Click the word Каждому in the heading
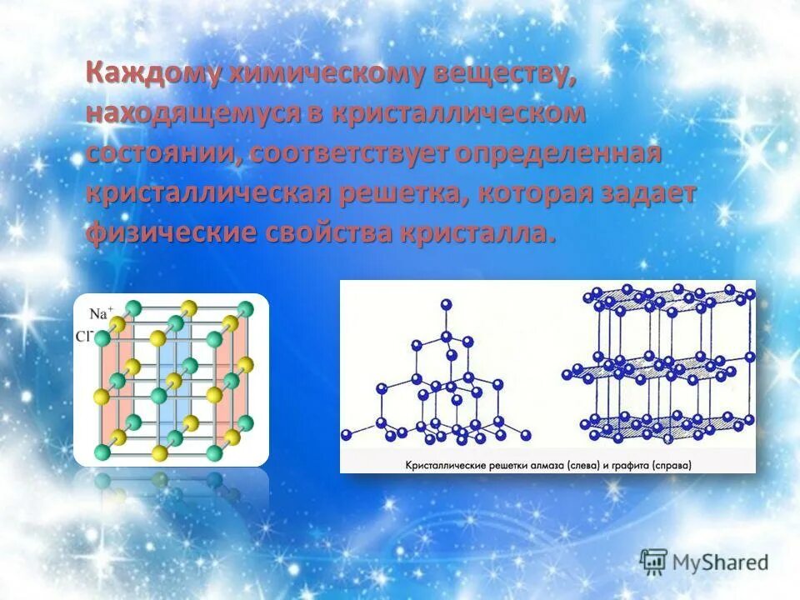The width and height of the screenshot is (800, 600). click(153, 74)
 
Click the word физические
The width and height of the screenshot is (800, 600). click(170, 233)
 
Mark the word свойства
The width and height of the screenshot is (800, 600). click(328, 233)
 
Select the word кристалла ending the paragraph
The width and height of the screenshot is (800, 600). click(478, 233)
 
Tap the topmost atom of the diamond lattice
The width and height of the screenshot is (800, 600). click(447, 304)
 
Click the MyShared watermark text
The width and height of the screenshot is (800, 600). click(722, 562)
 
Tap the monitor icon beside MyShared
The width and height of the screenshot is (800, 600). click(654, 562)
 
